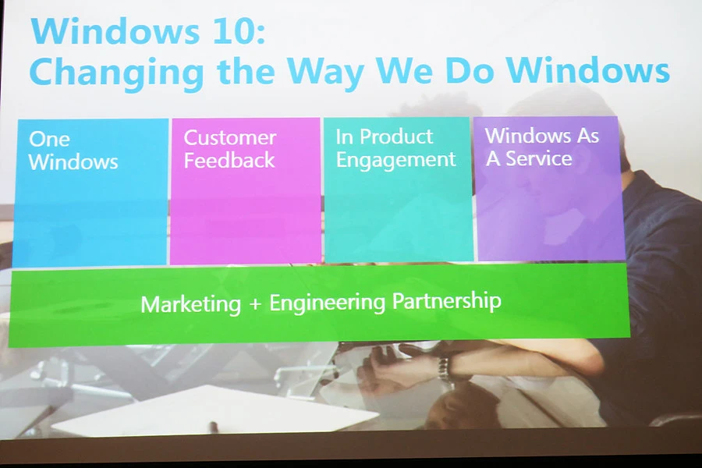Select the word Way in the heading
(x=325, y=73)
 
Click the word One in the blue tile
(x=49, y=140)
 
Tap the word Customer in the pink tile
(x=229, y=137)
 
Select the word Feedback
(x=229, y=161)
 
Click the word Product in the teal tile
(x=396, y=136)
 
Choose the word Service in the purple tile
(x=538, y=158)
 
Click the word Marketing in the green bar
(x=191, y=304)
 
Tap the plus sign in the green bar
(x=255, y=303)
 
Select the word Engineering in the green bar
(x=327, y=303)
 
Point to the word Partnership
(x=446, y=300)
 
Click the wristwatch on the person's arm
(x=443, y=368)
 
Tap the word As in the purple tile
(x=588, y=136)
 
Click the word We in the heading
(x=404, y=71)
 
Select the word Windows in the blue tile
(x=73, y=161)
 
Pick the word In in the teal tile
(x=344, y=137)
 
